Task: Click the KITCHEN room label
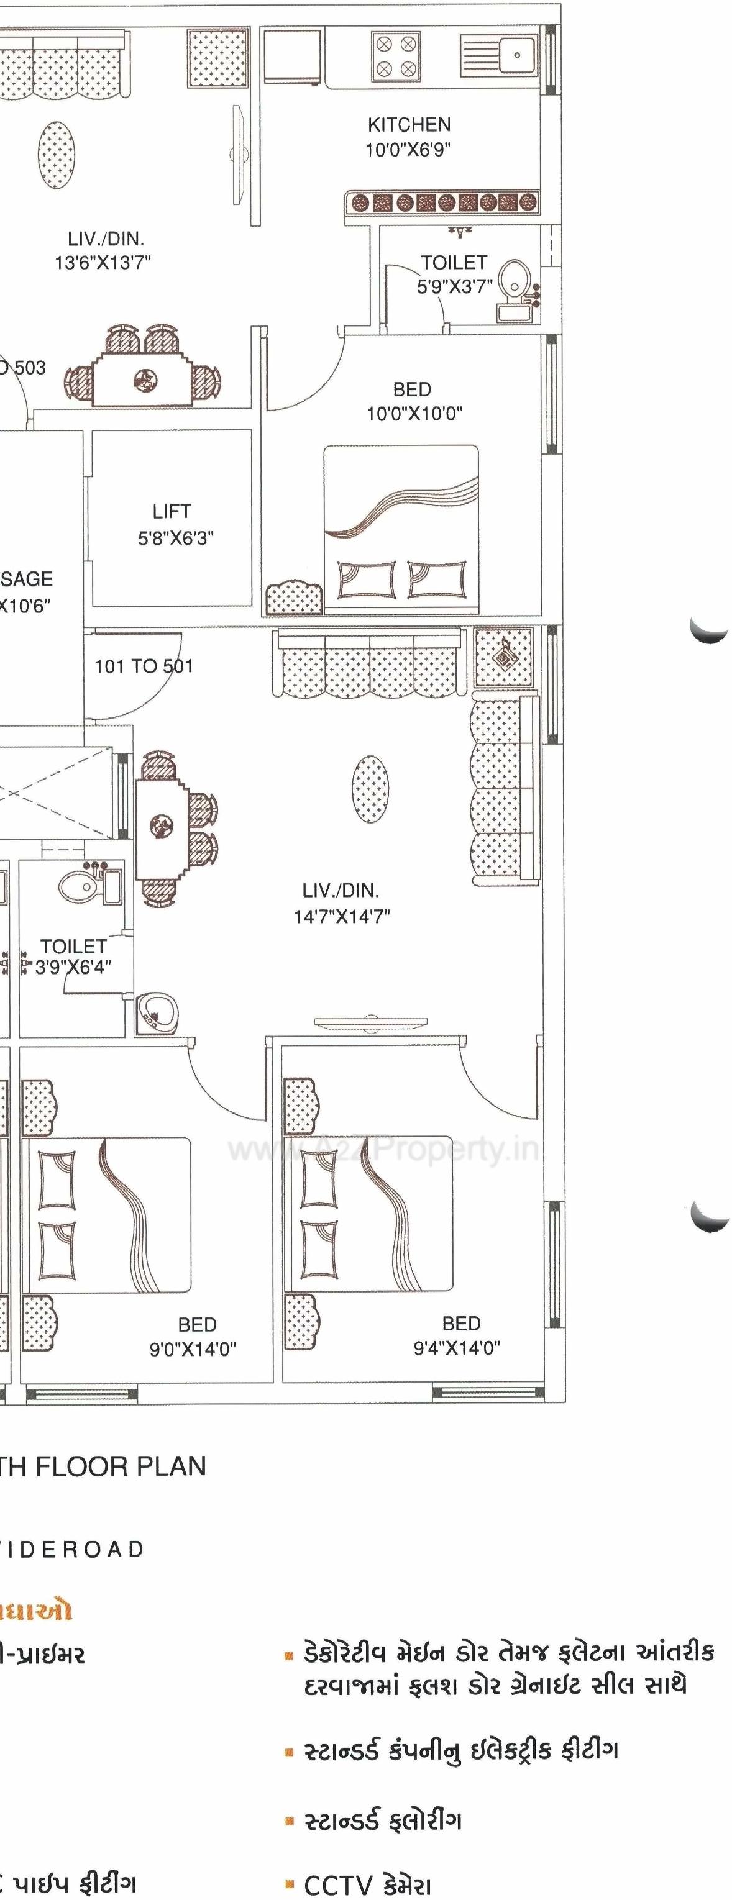point(409,125)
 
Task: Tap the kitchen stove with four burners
point(395,56)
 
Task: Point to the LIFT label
point(172,511)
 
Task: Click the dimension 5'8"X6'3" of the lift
point(176,538)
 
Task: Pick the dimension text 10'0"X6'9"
point(408,150)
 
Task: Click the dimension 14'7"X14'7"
point(342,917)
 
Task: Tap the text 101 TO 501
point(143,667)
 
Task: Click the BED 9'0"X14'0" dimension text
point(193,1349)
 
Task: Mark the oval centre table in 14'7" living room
point(370,788)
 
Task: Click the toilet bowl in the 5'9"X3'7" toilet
point(510,280)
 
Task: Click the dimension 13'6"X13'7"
point(103,262)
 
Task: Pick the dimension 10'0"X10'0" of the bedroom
point(414,414)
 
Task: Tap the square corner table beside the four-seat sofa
point(503,657)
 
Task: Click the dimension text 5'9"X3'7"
point(455,287)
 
